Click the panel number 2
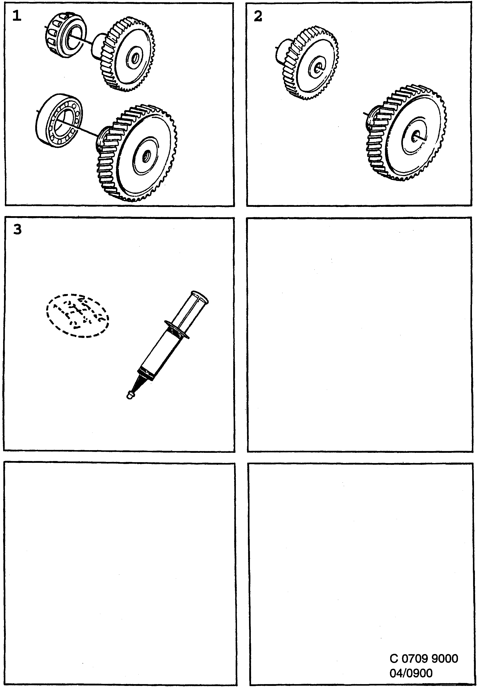click(258, 16)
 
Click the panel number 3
click(18, 230)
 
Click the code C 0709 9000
click(424, 659)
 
